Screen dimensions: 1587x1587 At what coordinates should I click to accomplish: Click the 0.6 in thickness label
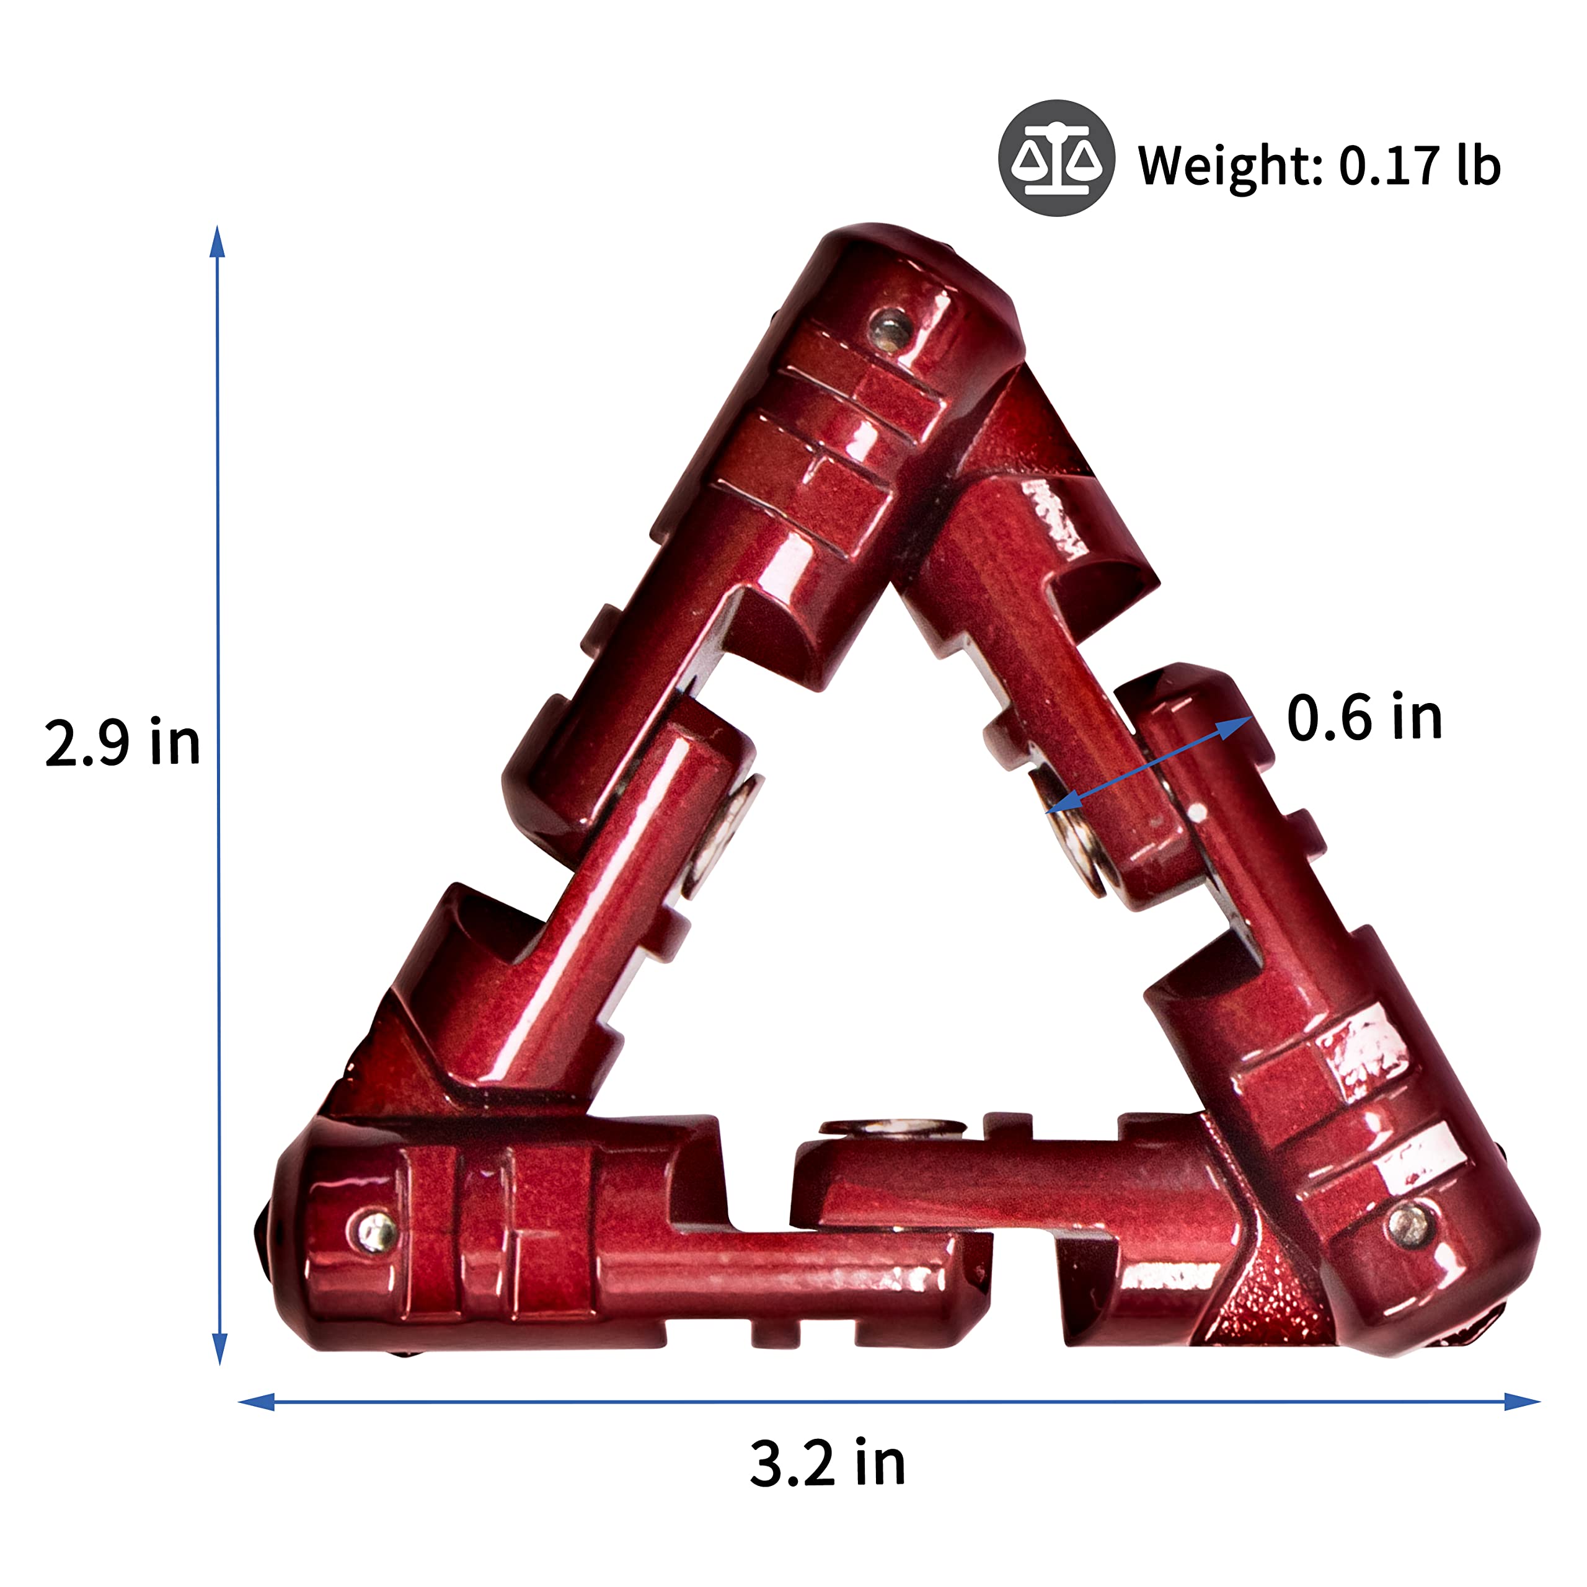(x=1364, y=717)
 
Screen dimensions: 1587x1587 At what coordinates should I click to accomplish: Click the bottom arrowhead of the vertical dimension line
(x=219, y=1349)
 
